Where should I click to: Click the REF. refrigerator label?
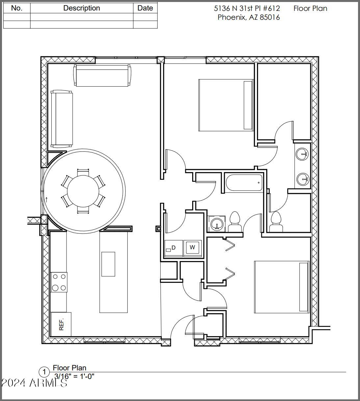[x=61, y=324]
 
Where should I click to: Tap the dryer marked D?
[x=173, y=248]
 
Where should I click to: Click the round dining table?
[x=83, y=191]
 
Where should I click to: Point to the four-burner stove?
[x=59, y=282]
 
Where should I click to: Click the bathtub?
[x=244, y=183]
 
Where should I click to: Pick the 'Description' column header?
[x=82, y=8]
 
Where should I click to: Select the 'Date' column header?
[x=145, y=8]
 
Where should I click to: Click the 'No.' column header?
[x=17, y=8]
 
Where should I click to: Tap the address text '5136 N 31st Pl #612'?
[x=247, y=9]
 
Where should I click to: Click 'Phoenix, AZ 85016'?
[x=249, y=17]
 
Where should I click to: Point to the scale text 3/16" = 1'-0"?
[x=74, y=376]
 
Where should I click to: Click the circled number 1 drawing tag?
[x=44, y=372]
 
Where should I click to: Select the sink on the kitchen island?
[x=108, y=264]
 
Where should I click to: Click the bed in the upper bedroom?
[x=226, y=105]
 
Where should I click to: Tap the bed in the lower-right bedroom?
[x=282, y=287]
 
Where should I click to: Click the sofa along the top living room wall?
[x=102, y=75]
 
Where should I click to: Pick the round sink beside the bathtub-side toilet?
[x=217, y=224]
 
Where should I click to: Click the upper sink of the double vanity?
[x=302, y=154]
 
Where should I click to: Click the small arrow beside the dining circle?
[x=46, y=199]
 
